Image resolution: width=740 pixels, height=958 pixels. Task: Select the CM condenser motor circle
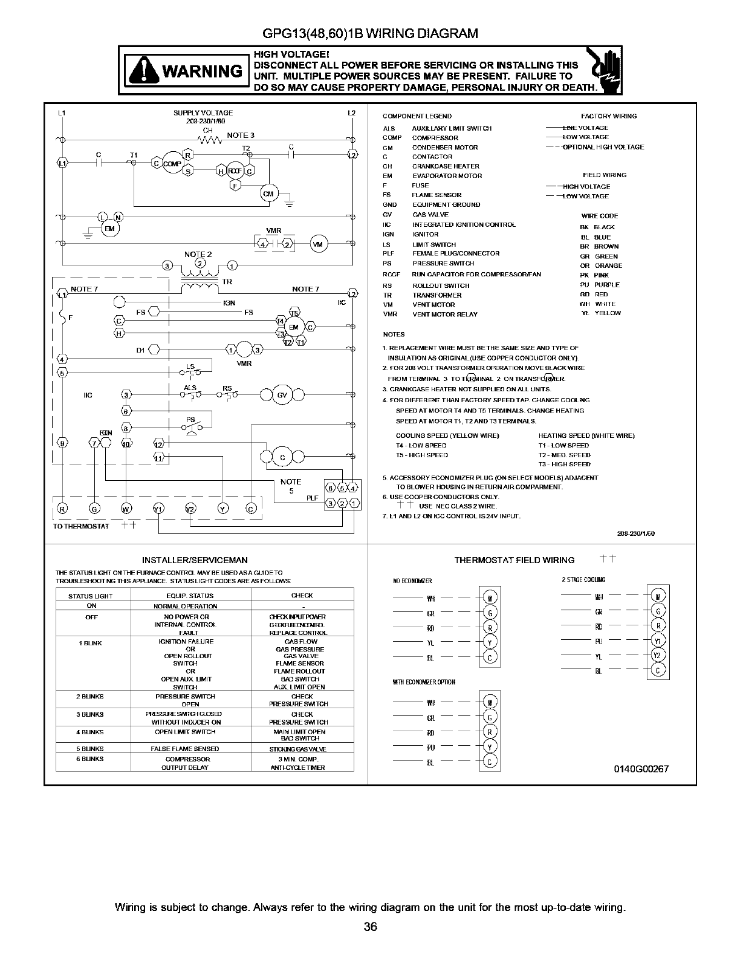tap(268, 194)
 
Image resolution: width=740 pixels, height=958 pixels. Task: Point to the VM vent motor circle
tap(319, 244)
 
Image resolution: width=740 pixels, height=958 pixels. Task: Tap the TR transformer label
tap(227, 282)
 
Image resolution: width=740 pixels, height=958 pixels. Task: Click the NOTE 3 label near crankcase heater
tap(241, 135)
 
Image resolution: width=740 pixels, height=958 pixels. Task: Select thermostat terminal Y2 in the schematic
tap(190, 508)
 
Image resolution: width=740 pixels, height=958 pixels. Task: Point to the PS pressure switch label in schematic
tap(190, 420)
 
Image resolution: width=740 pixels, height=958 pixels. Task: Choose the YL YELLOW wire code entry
tap(601, 313)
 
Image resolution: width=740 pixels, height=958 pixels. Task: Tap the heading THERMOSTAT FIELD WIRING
tap(514, 560)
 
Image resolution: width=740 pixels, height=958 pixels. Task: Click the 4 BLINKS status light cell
tap(91, 732)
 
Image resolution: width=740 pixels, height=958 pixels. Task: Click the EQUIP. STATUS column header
tap(190, 596)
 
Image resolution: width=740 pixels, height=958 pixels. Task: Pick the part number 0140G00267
tap(641, 769)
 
